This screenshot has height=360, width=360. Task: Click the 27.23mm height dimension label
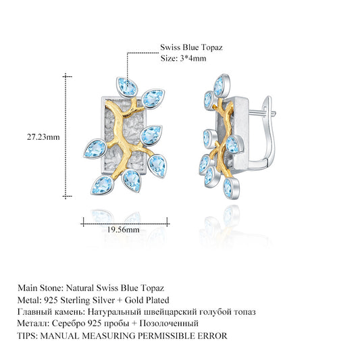point(43,137)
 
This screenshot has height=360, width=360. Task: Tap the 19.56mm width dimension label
point(124,230)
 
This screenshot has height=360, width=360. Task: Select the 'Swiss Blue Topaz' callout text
point(191,47)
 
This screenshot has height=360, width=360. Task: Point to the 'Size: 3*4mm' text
point(183,58)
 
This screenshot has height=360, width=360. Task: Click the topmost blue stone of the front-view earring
point(127,87)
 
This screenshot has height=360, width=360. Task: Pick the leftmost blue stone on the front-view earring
point(95,149)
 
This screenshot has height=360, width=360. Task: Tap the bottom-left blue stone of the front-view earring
point(102,186)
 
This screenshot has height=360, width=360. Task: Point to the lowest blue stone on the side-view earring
point(231,188)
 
